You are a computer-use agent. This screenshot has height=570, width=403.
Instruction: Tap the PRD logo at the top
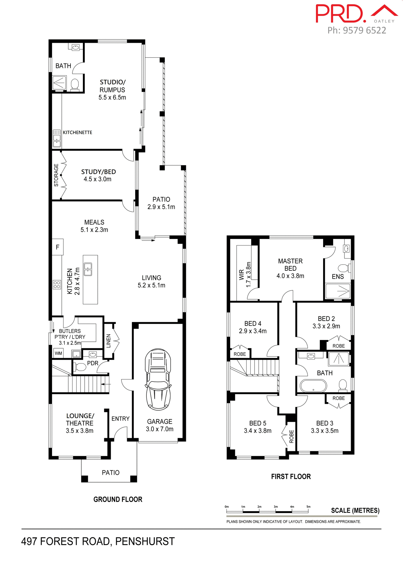coord(340,14)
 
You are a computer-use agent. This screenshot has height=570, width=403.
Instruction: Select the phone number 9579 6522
coord(364,30)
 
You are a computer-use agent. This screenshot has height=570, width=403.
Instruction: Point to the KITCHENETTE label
coord(78,132)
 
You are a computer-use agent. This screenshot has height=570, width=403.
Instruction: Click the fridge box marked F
coord(58,247)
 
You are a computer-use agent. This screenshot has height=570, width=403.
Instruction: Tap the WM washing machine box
coord(59,353)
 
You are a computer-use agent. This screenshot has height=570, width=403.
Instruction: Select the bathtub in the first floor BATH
coord(313,386)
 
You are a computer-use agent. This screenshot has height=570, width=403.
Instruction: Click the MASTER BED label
coord(290,265)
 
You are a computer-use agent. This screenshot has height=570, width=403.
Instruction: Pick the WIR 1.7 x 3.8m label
coord(245,275)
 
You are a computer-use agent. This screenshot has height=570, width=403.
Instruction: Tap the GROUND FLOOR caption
coord(118,499)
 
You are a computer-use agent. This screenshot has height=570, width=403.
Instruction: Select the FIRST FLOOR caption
coord(291,476)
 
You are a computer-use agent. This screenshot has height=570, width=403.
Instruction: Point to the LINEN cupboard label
coord(108,341)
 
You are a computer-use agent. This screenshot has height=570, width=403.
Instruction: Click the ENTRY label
coord(120,419)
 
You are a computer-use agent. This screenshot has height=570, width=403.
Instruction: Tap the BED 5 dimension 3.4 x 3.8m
coord(257,431)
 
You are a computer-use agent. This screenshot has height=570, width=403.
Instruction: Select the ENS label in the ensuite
coord(338,277)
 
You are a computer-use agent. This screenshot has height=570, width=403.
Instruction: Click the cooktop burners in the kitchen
coord(57,285)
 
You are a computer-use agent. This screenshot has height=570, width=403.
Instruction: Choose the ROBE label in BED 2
coord(339,346)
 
